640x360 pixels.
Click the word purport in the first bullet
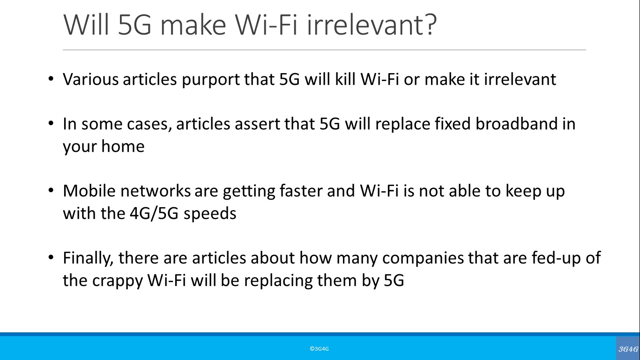pyautogui.click(x=210, y=80)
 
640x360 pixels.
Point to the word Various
pyautogui.click(x=90, y=79)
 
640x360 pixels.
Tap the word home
pyautogui.click(x=123, y=146)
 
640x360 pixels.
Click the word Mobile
pyautogui.click(x=89, y=190)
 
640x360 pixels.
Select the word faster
pyautogui.click(x=301, y=190)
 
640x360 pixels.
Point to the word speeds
pyautogui.click(x=210, y=214)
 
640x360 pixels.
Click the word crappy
pyautogui.click(x=117, y=281)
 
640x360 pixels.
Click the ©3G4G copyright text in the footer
pyautogui.click(x=319, y=349)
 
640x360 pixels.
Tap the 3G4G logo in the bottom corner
pyautogui.click(x=628, y=348)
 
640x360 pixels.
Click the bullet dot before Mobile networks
pyautogui.click(x=51, y=190)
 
